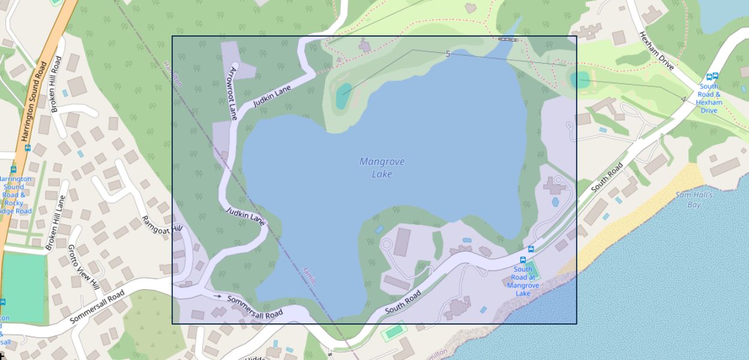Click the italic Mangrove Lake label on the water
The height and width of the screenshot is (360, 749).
click(x=382, y=167)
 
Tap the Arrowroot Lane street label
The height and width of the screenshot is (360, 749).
click(x=233, y=92)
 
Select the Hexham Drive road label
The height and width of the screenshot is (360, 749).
click(x=657, y=50)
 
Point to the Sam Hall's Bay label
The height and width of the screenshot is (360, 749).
click(x=694, y=200)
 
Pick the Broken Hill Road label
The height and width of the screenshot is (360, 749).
click(x=56, y=84)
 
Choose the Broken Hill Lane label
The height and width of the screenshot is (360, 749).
click(x=55, y=223)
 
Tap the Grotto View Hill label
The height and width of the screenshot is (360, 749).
click(x=83, y=266)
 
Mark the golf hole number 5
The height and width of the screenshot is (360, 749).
click(x=448, y=54)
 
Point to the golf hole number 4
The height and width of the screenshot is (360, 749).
click(x=683, y=99)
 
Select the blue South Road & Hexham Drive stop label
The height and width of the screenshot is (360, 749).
click(x=709, y=98)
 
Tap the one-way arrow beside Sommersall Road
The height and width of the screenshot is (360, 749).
click(x=217, y=296)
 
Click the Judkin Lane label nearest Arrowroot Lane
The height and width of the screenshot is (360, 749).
click(x=272, y=95)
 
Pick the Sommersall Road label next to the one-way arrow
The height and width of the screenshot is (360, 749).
click(x=255, y=307)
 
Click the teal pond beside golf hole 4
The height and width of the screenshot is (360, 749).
click(x=580, y=79)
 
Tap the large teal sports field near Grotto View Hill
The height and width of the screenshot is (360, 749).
click(x=23, y=287)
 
